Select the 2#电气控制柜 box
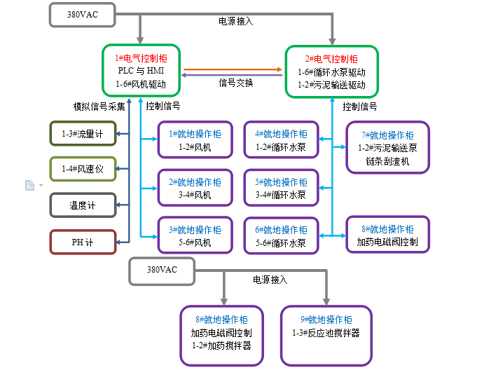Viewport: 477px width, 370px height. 331,71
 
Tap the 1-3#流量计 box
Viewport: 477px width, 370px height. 82,133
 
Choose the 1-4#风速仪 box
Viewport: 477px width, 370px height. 82,169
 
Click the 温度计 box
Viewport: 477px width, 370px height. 82,205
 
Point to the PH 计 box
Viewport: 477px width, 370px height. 82,242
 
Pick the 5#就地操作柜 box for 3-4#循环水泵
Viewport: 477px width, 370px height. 280,188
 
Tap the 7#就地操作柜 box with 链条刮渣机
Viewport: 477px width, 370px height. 387,147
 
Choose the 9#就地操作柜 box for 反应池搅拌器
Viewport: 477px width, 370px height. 326,335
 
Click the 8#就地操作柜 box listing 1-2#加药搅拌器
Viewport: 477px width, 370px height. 221,335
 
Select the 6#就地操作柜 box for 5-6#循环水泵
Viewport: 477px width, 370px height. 280,236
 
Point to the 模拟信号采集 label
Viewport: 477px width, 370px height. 99,107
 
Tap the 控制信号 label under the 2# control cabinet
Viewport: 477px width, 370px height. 359,107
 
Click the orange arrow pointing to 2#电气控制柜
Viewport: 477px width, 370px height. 234,69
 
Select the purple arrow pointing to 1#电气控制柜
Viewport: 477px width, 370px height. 234,75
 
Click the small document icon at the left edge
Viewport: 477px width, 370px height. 29,185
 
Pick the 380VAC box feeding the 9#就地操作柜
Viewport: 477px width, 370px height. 163,270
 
